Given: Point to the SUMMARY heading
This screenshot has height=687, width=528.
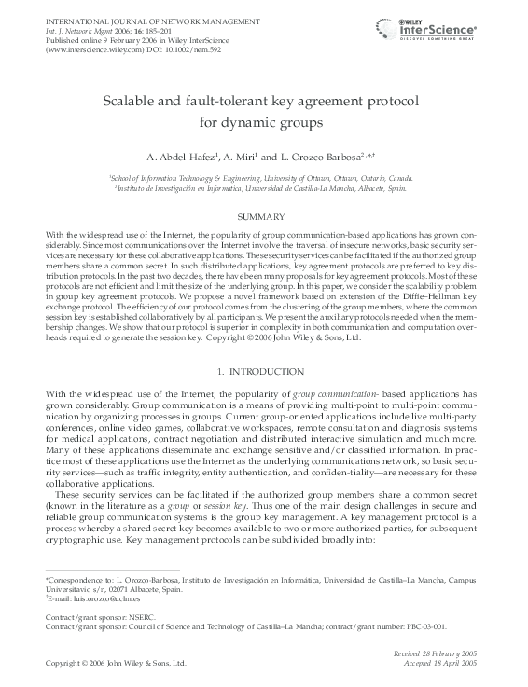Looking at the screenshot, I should pyautogui.click(x=264, y=216).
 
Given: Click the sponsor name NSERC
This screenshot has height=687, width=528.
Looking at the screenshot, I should pyautogui.click(x=134, y=618).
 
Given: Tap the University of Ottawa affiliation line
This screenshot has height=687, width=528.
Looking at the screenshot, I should pyautogui.click(x=264, y=175).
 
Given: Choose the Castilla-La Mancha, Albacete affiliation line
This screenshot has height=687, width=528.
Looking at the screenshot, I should pyautogui.click(x=264, y=186).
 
